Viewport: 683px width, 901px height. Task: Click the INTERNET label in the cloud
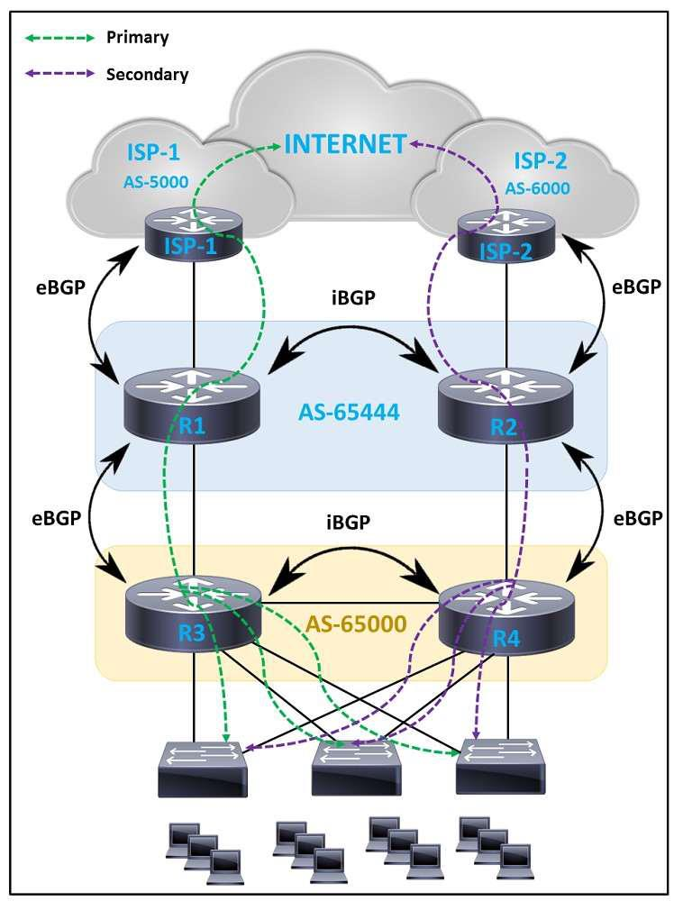(x=346, y=143)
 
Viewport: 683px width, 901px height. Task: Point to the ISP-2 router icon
(x=505, y=236)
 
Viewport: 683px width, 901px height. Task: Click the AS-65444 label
(x=347, y=414)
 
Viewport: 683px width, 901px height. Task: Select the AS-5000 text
(x=156, y=182)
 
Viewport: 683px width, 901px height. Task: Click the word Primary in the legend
(x=137, y=37)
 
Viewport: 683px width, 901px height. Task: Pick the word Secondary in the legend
(x=148, y=74)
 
